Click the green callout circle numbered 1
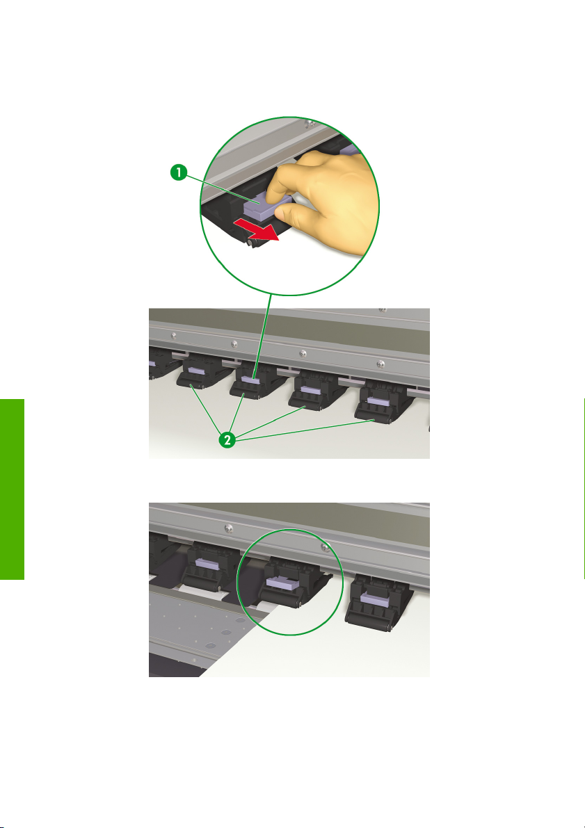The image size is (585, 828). point(179,172)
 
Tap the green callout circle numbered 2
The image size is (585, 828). point(227,439)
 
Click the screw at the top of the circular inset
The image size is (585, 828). point(311,124)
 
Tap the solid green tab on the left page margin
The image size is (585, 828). point(12,489)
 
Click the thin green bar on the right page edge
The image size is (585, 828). point(584,489)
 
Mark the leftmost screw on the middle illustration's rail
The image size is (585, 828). point(173,335)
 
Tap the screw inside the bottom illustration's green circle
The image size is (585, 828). point(326,548)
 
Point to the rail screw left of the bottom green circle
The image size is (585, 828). point(228,528)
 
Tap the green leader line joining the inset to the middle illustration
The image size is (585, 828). point(264,336)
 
